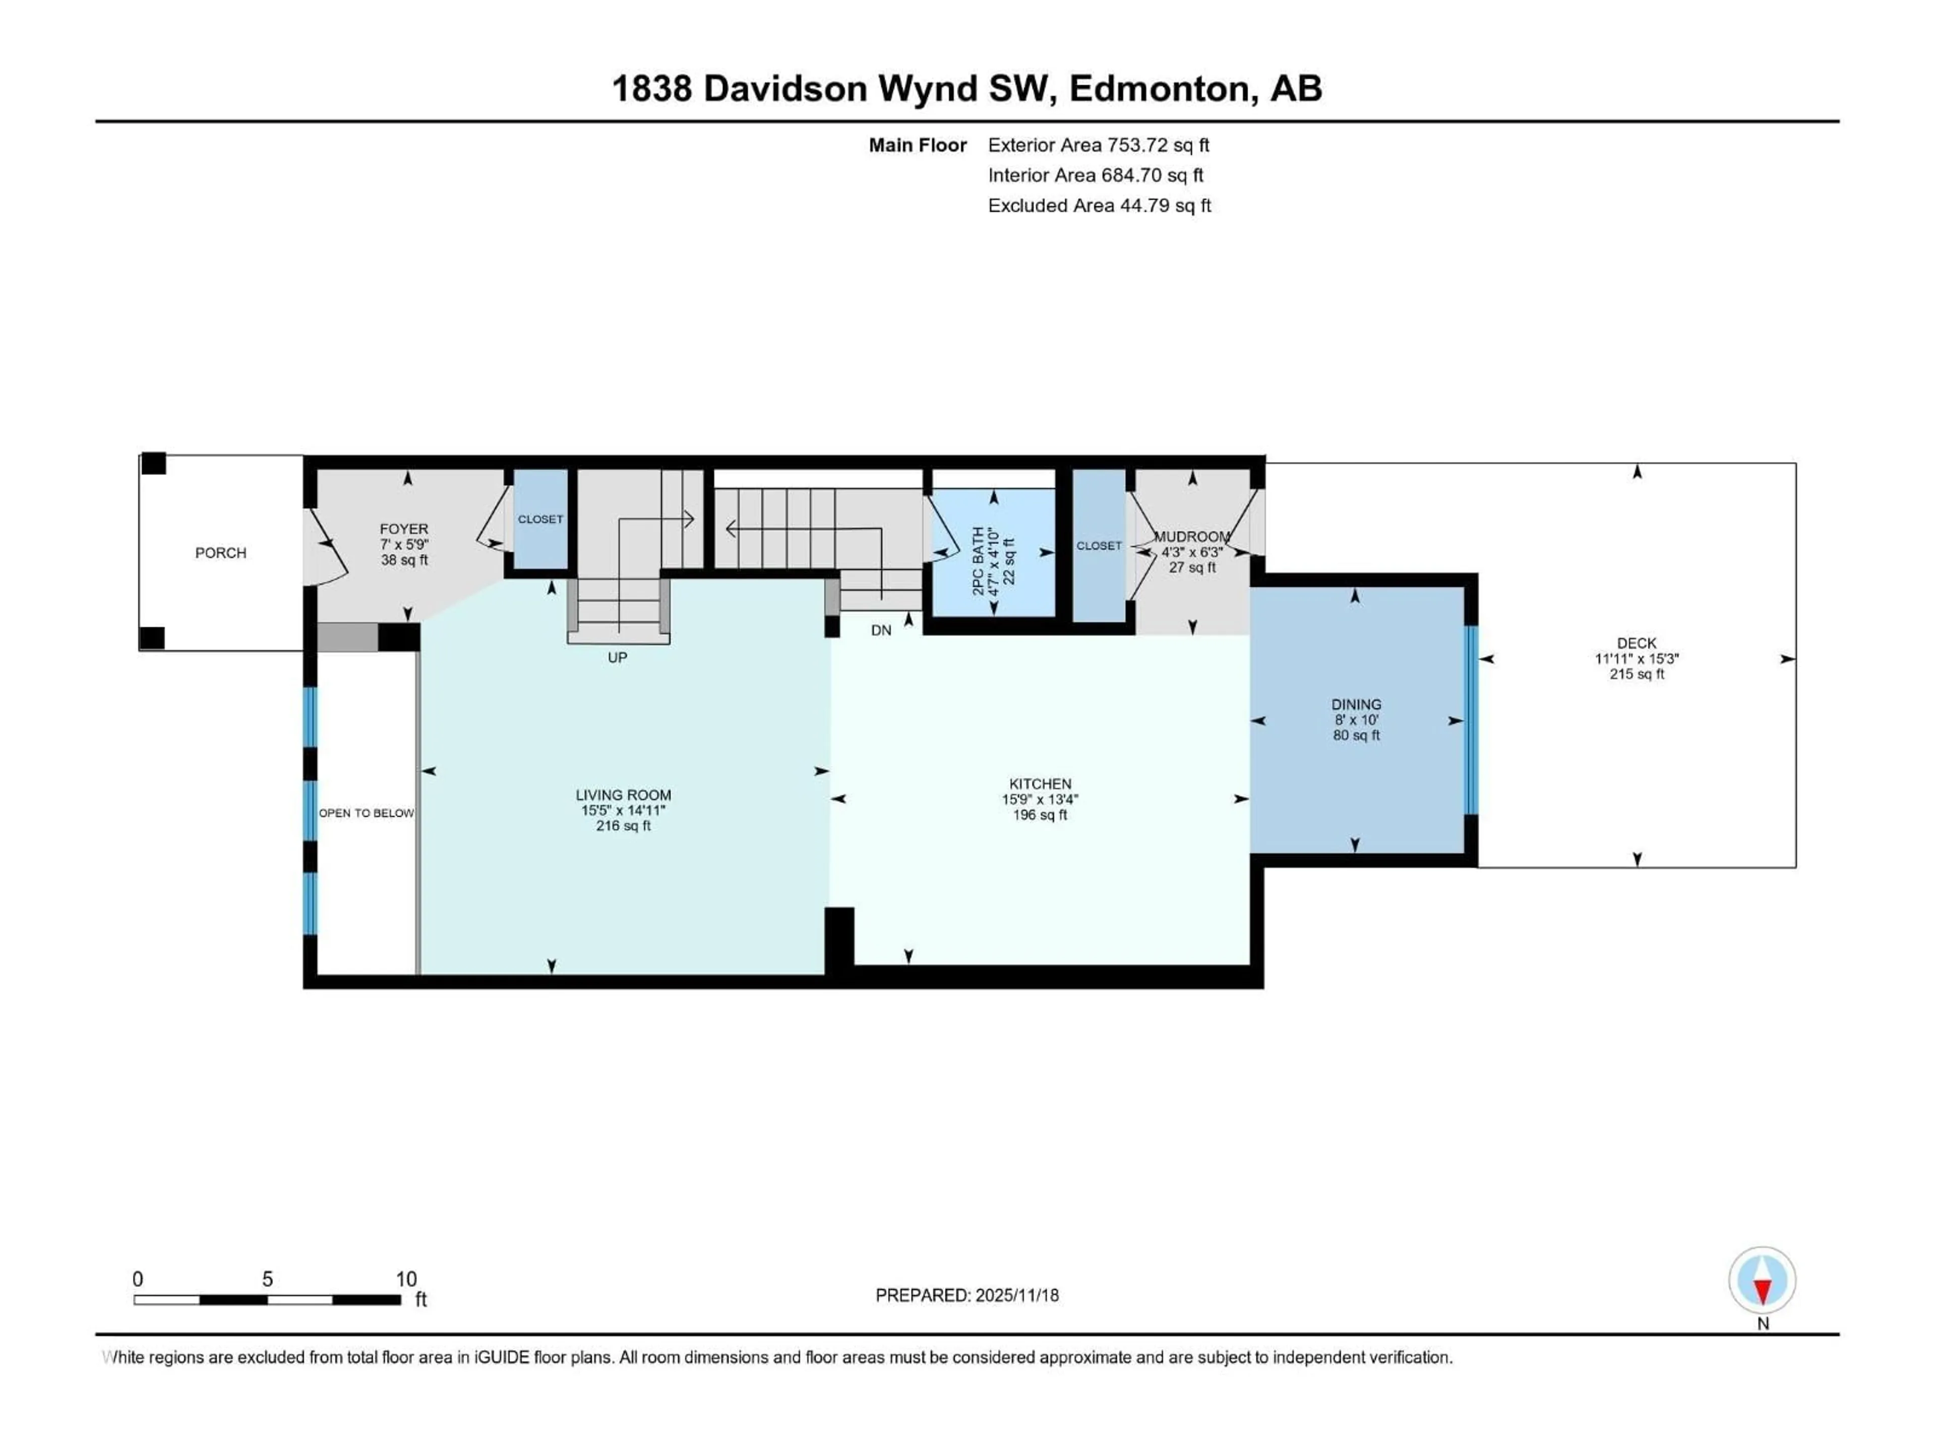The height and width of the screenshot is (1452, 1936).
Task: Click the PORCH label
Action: tap(220, 553)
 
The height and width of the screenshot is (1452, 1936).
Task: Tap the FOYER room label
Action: tap(403, 529)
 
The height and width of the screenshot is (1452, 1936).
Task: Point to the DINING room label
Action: tap(1356, 704)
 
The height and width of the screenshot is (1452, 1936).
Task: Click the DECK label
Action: tap(1636, 643)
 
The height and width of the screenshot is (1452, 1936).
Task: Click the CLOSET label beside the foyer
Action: tap(540, 519)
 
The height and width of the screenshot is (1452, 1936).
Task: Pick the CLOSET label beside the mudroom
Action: tap(1099, 546)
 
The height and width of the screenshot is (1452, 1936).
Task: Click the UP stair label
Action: tap(617, 658)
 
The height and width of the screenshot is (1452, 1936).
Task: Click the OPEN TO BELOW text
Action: tap(366, 813)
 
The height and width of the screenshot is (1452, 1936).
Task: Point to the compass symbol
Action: tap(1762, 1281)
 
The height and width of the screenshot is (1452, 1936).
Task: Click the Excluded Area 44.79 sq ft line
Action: tap(1099, 206)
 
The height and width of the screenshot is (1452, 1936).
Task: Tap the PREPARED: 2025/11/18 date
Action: tap(966, 1295)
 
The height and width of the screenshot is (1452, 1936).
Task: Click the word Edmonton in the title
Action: tap(1158, 88)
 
